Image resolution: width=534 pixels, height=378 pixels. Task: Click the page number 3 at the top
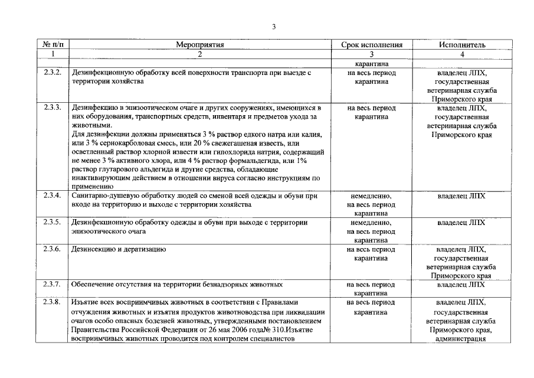[x=274, y=27]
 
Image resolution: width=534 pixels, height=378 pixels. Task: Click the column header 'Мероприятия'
[x=199, y=44]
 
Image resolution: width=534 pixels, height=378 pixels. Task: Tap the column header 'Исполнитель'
[x=462, y=44]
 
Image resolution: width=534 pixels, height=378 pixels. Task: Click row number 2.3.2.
[x=52, y=73]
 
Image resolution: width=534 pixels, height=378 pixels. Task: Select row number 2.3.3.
[x=52, y=108]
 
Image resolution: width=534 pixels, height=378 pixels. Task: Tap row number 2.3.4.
[x=52, y=195]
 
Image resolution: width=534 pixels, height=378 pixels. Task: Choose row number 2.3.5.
[x=52, y=223]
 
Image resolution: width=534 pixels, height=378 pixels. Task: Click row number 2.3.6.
[x=52, y=249]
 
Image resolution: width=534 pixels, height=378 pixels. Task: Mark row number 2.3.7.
[x=52, y=284]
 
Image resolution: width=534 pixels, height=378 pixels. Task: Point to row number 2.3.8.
[x=52, y=302]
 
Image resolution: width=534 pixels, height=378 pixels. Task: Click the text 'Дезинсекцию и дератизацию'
[x=118, y=249]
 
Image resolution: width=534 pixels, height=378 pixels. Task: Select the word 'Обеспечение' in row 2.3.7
[x=93, y=284]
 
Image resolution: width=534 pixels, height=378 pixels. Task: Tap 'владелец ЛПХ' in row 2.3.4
[x=462, y=195]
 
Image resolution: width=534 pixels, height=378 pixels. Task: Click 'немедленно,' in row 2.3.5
[x=372, y=223]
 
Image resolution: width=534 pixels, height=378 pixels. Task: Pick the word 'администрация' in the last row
[x=462, y=339]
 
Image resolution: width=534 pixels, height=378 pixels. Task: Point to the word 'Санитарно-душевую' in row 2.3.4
[x=105, y=195]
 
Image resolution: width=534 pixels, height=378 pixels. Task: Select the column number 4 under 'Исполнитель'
[x=462, y=54]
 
